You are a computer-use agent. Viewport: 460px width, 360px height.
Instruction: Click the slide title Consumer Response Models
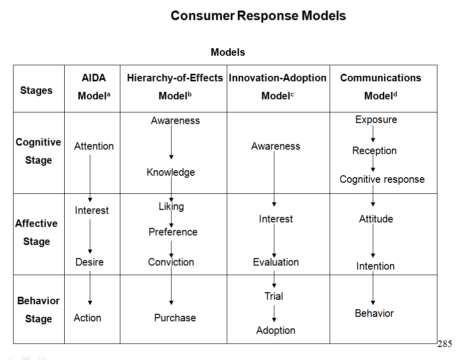pos(258,16)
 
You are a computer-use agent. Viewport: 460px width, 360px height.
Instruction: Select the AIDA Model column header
pos(94,87)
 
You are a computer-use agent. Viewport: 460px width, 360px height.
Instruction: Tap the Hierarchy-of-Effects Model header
pos(175,87)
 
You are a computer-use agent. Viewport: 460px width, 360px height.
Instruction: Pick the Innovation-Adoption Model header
pos(277,87)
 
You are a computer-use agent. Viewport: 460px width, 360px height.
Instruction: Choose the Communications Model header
pos(380,87)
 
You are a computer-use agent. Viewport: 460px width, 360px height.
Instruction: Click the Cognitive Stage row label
pos(38,151)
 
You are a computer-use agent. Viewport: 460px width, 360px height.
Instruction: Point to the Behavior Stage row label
pos(38,310)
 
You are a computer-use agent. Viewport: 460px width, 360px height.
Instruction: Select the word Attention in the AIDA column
pos(94,146)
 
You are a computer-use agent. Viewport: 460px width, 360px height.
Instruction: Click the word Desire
pos(89,262)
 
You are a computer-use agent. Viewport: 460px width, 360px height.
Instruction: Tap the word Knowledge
pos(171,172)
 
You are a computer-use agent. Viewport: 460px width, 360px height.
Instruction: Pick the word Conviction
pos(171,262)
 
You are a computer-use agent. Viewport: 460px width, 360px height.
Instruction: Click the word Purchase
pos(175,318)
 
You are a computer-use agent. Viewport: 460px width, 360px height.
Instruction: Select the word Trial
pos(274,296)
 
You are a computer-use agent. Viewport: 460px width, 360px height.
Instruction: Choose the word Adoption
pos(275,330)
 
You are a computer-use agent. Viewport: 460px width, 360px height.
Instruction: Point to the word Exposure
pos(376,119)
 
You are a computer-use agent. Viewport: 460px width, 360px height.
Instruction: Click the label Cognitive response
pos(382,179)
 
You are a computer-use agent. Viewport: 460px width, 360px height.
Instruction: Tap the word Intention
pos(375,266)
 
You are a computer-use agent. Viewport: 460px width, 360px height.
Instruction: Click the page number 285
pos(444,344)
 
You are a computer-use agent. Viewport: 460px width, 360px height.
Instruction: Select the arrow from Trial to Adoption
pos(274,313)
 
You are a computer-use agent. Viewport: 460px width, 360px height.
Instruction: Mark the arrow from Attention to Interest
pos(90,178)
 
